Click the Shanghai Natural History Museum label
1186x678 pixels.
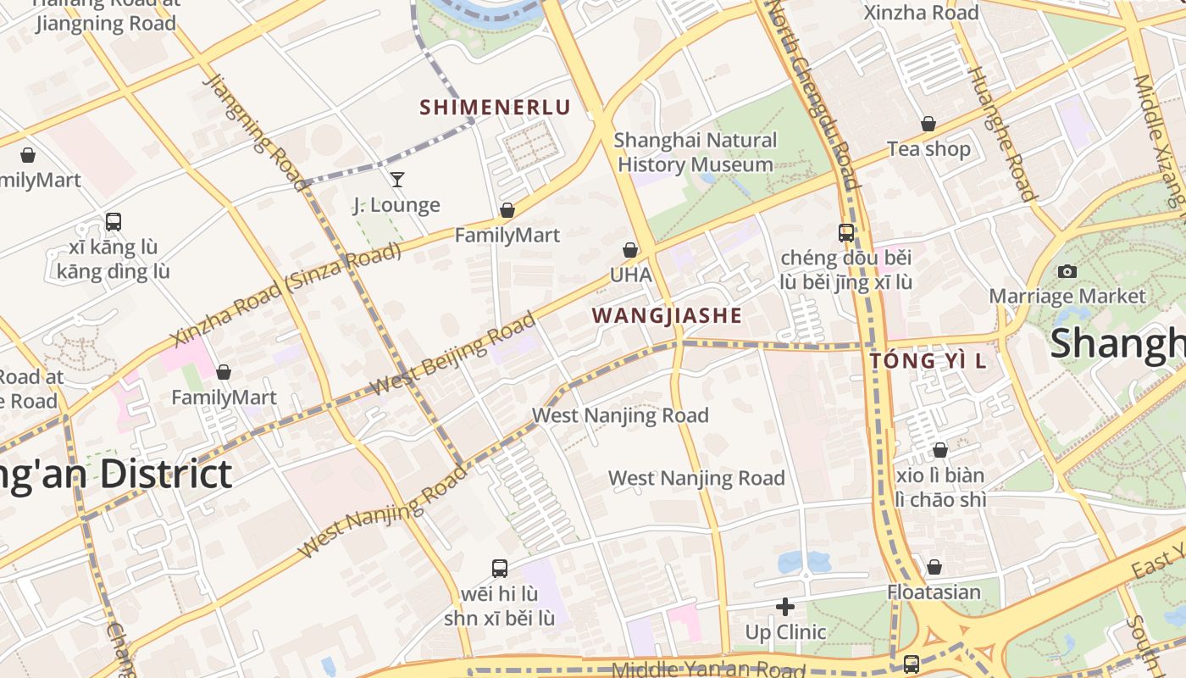695,153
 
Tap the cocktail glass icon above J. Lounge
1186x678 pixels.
396,179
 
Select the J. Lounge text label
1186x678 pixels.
396,205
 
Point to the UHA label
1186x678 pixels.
631,275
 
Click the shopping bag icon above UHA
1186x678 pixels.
630,250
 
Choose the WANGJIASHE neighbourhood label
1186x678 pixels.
667,316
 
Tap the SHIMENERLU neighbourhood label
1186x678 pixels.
496,108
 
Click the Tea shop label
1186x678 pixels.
928,149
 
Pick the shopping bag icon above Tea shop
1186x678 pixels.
928,124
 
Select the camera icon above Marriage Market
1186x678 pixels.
1067,271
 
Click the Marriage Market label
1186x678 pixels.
1067,297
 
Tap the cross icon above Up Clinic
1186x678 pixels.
785,607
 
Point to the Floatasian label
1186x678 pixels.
934,592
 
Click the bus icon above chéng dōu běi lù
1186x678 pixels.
845,232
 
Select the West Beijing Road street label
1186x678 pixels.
454,353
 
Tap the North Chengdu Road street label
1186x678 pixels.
820,93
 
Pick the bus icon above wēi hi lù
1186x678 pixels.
500,568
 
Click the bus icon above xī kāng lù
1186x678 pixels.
114,222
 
